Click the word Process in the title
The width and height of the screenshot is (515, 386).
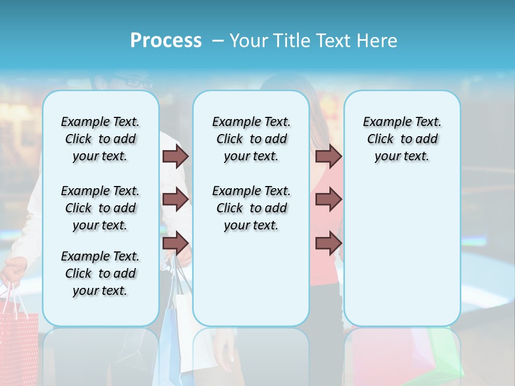tap(166, 41)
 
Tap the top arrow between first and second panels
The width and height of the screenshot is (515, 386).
tap(175, 156)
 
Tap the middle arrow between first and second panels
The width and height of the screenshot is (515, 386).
tap(175, 199)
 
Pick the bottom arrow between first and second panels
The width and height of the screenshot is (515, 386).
tap(175, 243)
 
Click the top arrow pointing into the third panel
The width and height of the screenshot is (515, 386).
tap(328, 156)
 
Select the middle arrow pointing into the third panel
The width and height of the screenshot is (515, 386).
tap(328, 199)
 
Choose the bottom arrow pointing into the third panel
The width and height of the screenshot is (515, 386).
tap(328, 243)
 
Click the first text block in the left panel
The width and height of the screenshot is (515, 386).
tap(100, 139)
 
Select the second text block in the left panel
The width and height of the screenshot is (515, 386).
tap(100, 208)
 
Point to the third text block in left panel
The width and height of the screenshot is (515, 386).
tap(100, 273)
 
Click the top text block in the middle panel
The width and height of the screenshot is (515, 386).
tap(251, 139)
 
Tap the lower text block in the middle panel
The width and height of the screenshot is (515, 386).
tap(251, 208)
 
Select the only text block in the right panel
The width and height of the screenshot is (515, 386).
tap(402, 139)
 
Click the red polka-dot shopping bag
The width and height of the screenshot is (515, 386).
tap(19, 343)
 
